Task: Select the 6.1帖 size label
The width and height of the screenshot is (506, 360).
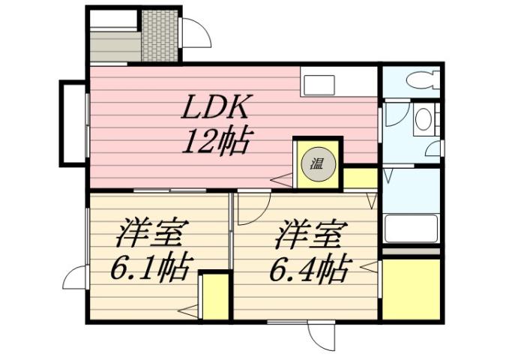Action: coord(150,265)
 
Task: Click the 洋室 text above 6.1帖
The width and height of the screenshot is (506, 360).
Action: coord(150,235)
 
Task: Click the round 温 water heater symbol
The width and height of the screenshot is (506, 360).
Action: coord(317,163)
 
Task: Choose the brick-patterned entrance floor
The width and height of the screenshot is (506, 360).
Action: coord(160,35)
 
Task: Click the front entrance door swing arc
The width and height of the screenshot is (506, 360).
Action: coord(193,31)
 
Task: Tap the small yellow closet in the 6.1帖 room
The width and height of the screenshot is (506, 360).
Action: coord(214,295)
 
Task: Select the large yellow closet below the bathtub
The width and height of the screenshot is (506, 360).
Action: coord(411,289)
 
